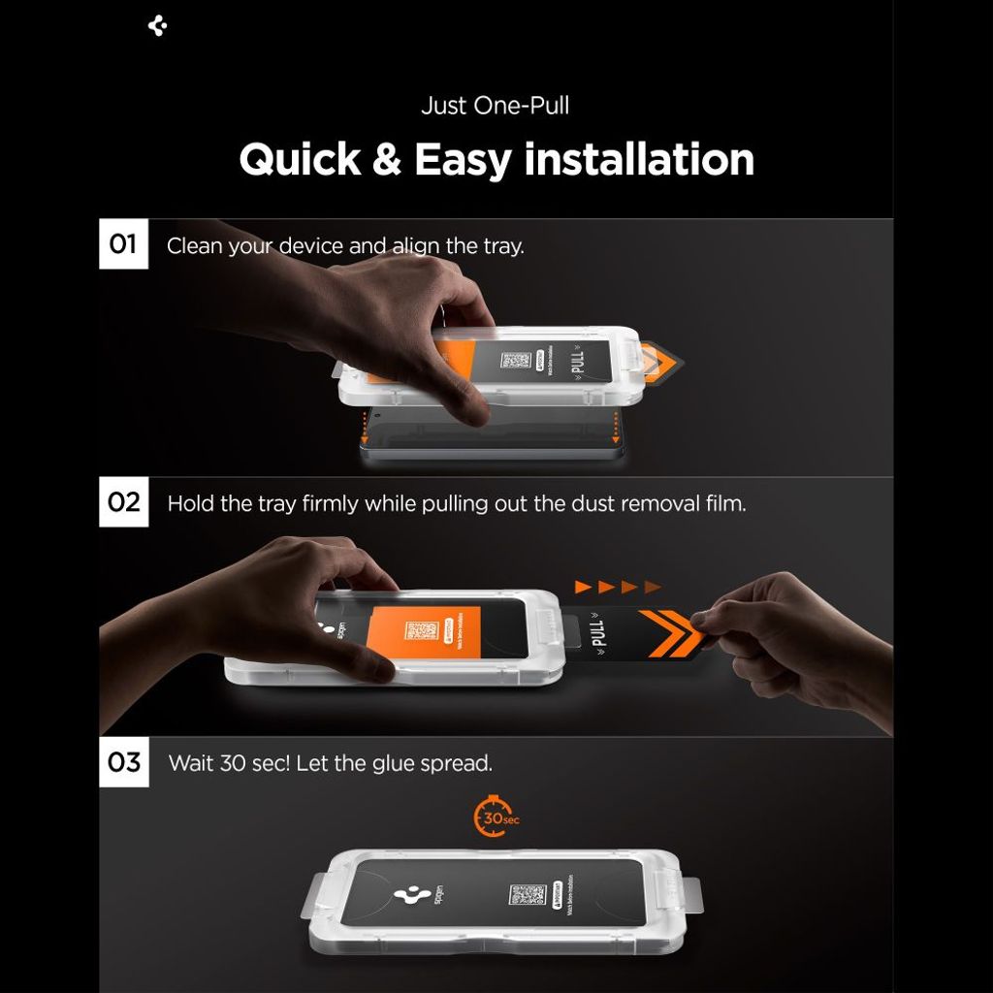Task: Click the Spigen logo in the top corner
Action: [x=158, y=26]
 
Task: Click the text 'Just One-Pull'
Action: [x=495, y=106]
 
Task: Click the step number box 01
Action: [x=123, y=243]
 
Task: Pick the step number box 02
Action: [x=123, y=502]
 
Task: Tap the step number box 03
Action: [x=123, y=762]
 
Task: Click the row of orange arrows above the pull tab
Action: [x=618, y=587]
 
